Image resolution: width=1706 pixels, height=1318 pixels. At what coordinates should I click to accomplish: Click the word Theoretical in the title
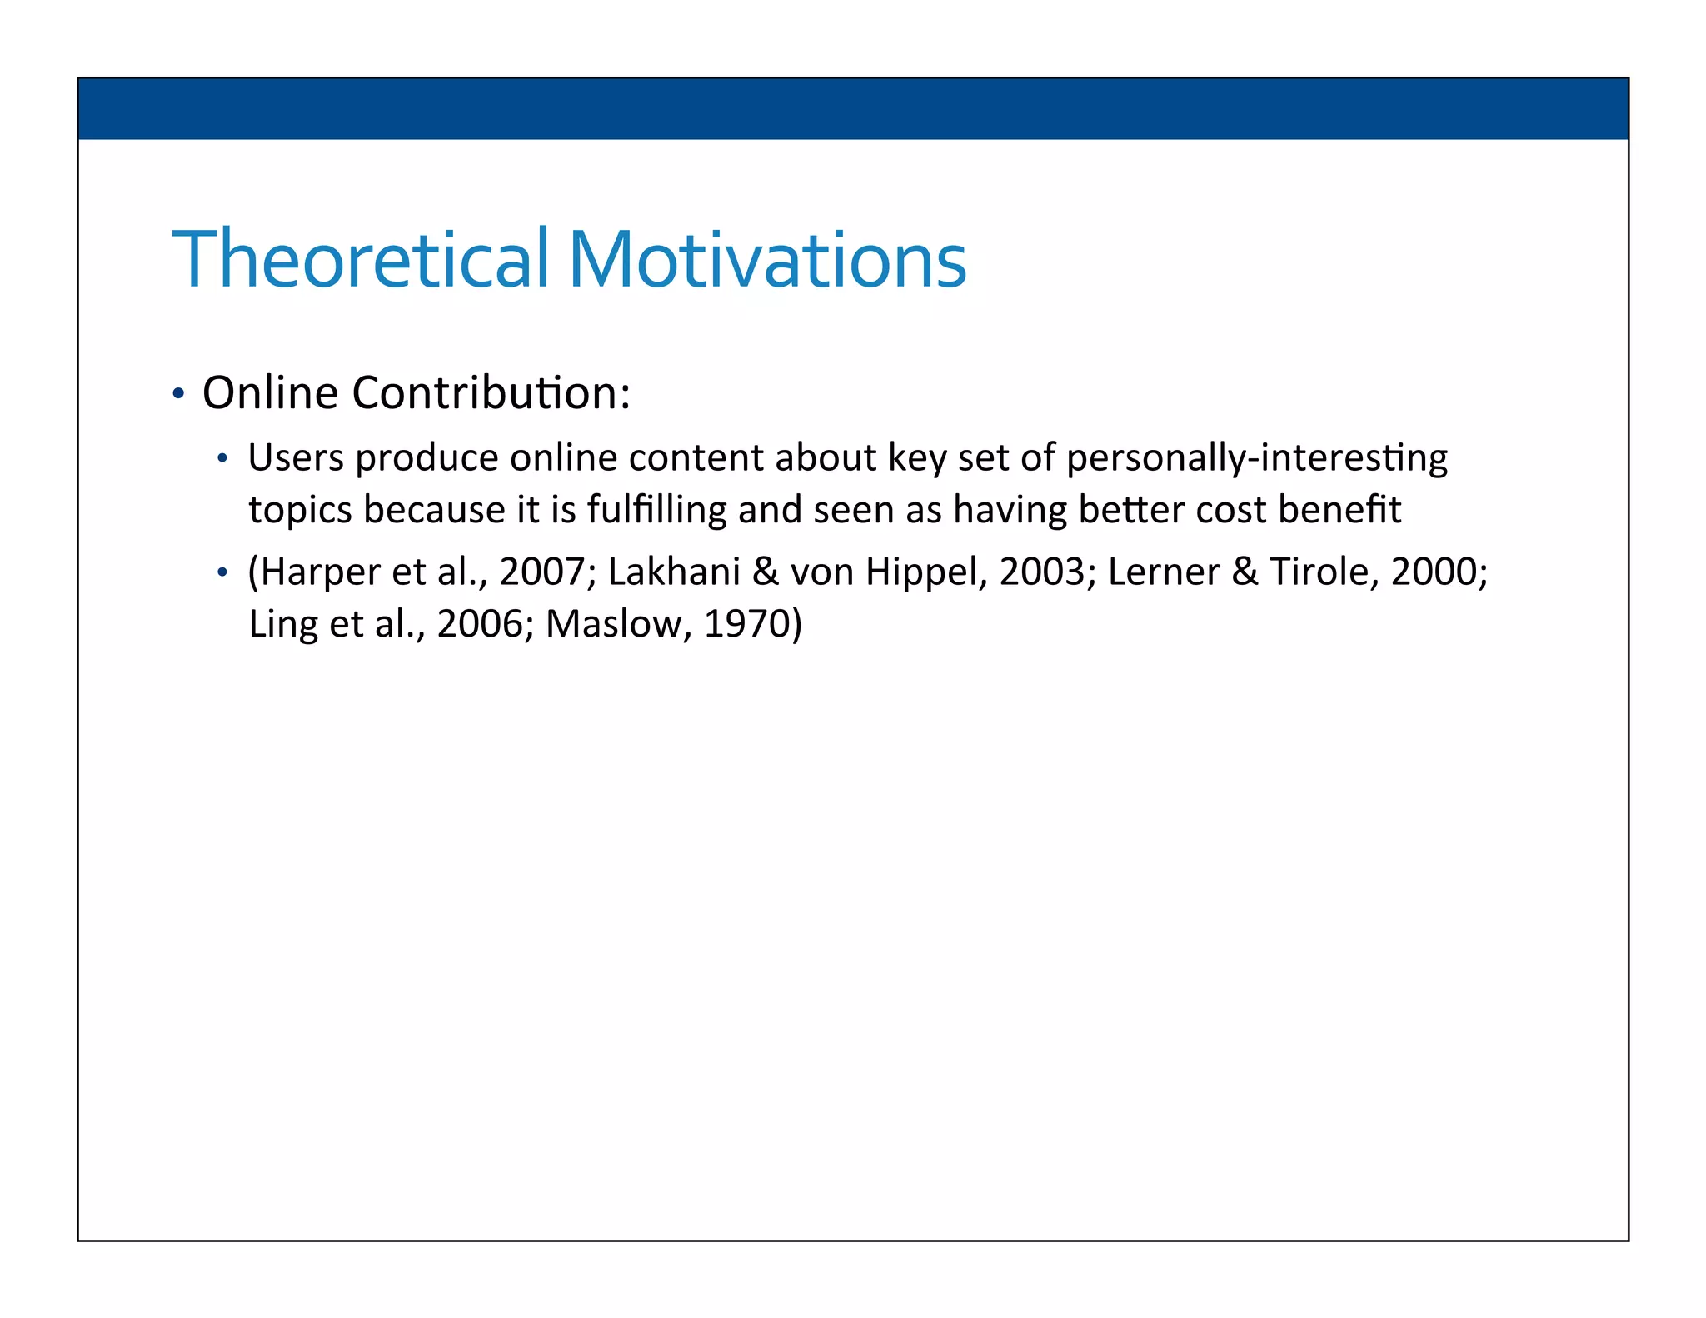coord(360,259)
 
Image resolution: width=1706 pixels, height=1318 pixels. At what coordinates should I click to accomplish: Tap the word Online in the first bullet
coord(270,392)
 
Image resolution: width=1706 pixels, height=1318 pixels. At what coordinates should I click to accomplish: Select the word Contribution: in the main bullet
coord(491,392)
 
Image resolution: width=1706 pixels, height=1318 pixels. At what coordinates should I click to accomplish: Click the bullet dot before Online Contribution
coord(177,394)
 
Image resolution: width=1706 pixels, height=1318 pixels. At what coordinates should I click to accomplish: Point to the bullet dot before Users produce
coord(222,459)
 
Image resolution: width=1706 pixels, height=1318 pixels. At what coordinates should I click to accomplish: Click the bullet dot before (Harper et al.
coord(222,573)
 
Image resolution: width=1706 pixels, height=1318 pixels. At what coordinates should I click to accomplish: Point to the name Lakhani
coord(674,572)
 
